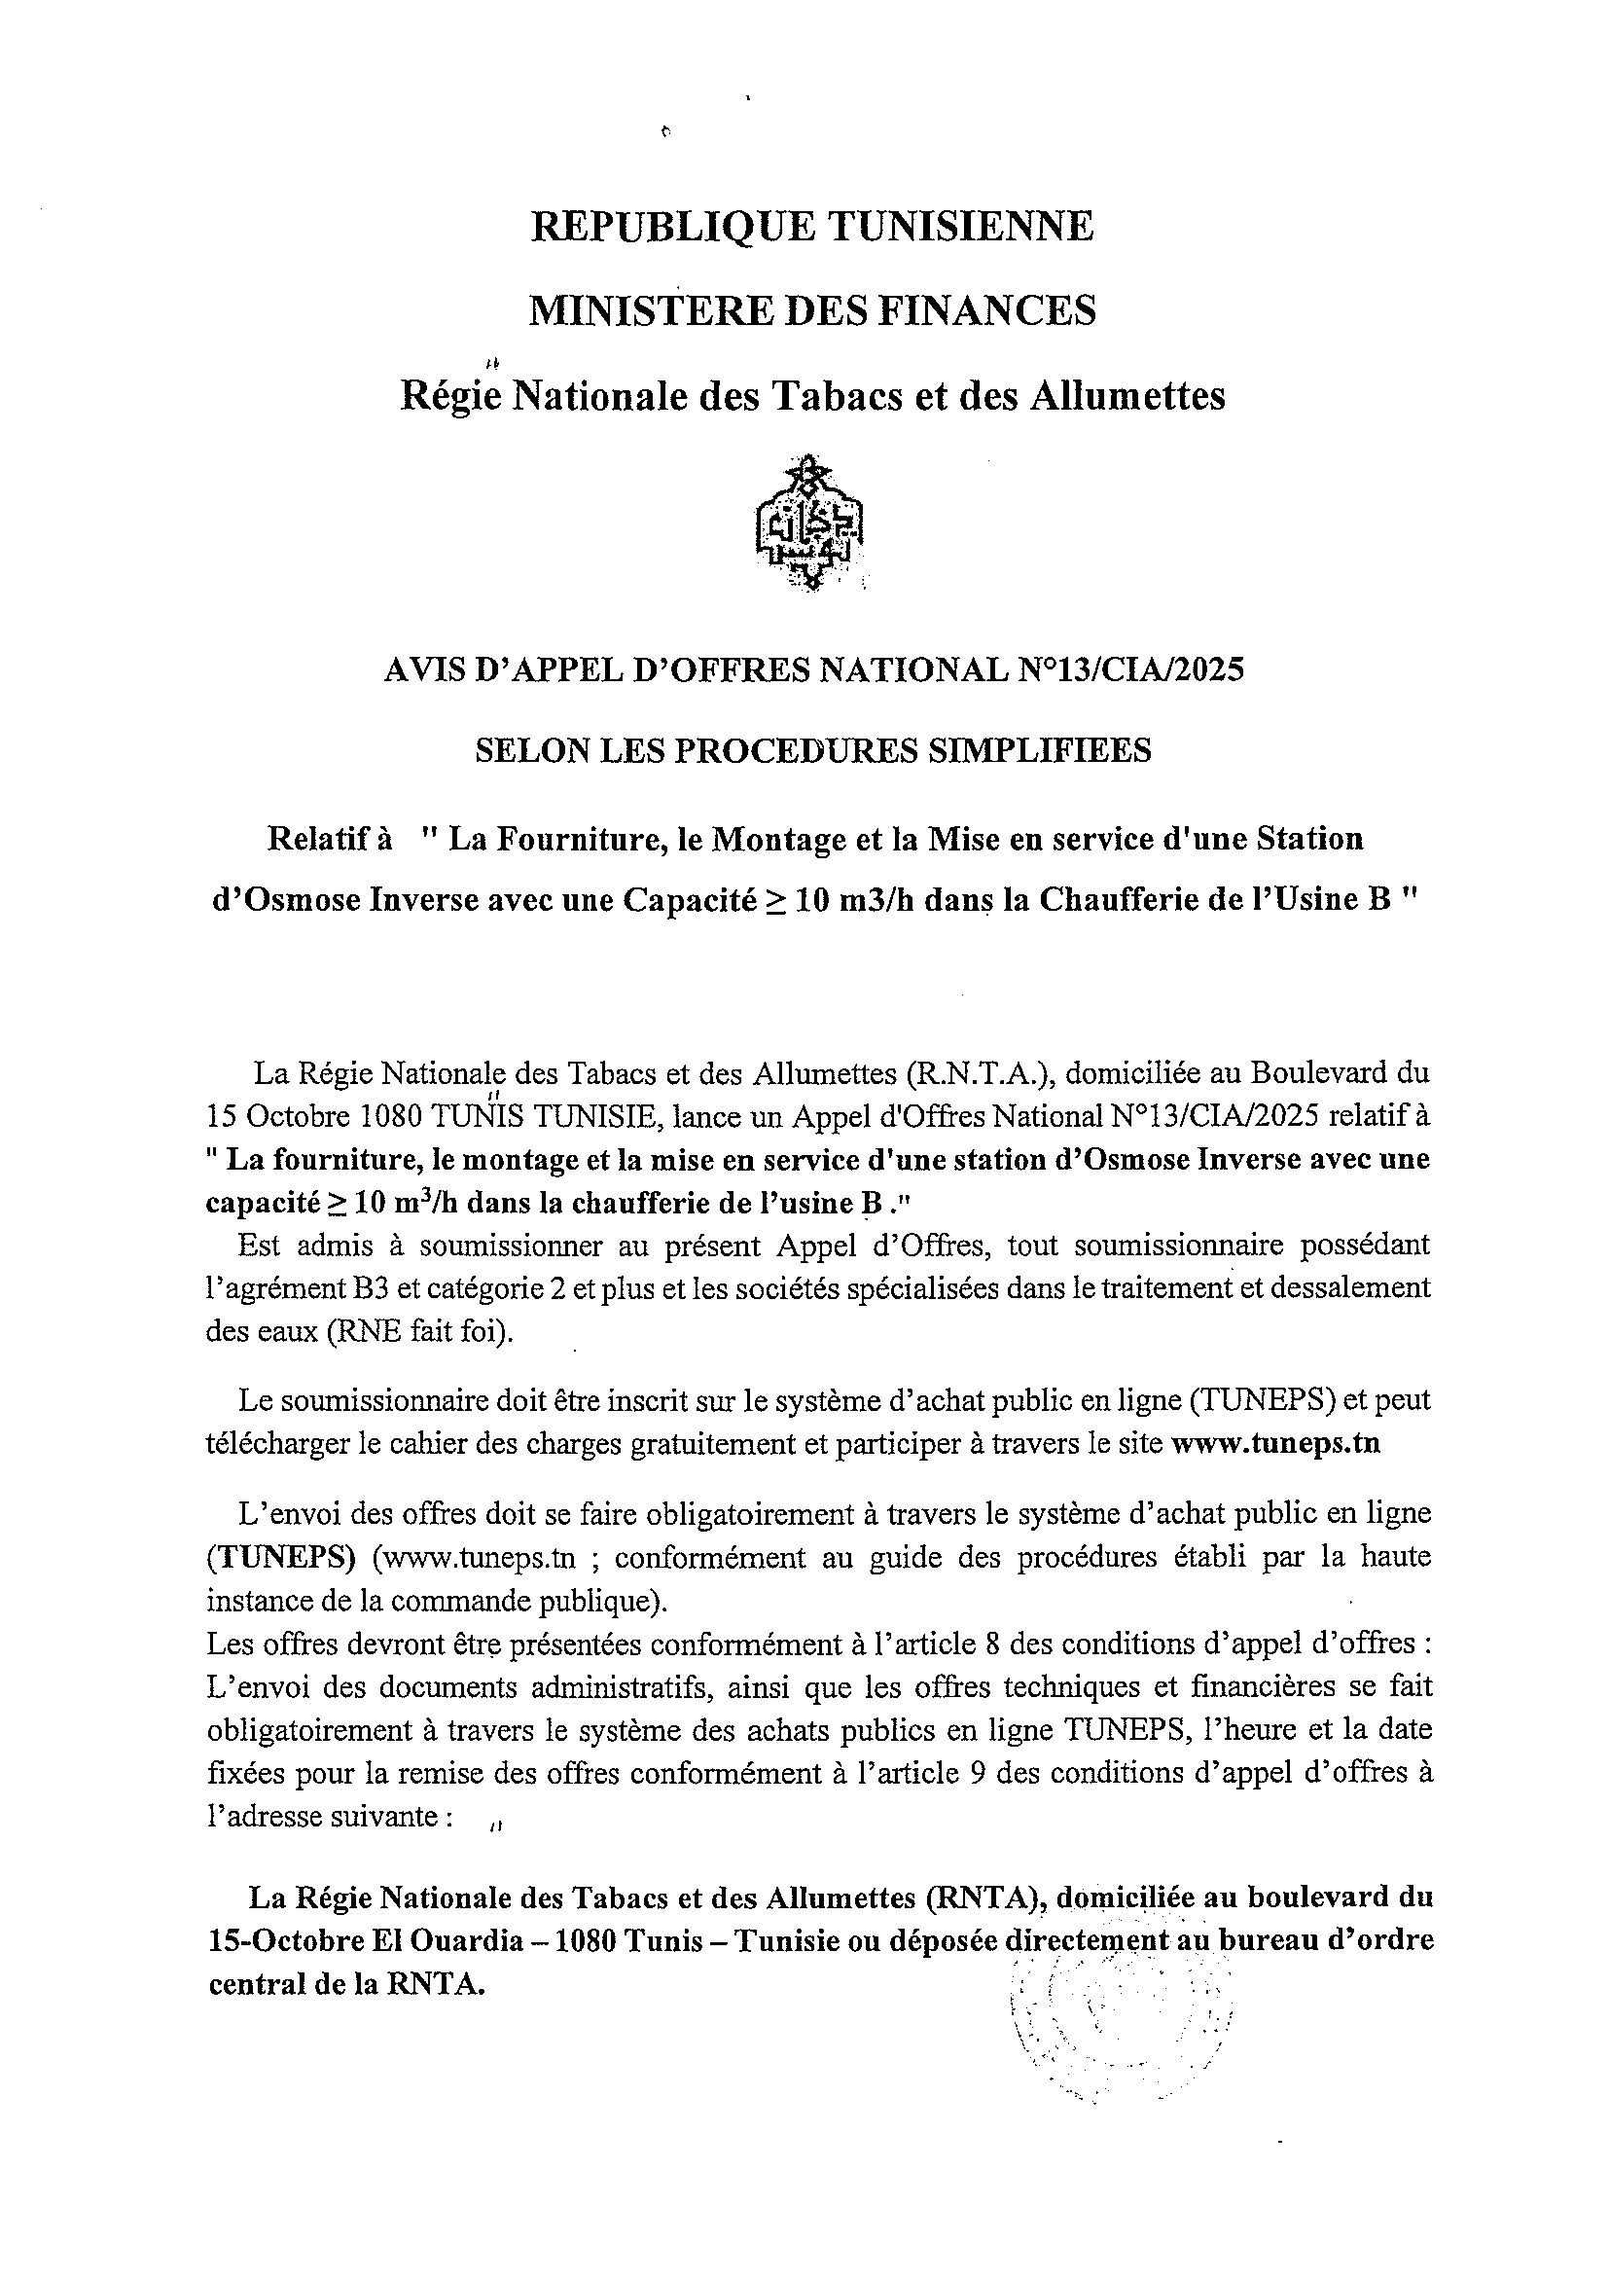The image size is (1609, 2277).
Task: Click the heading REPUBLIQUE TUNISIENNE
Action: point(812,226)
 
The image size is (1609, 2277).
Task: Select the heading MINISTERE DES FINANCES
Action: point(812,310)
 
